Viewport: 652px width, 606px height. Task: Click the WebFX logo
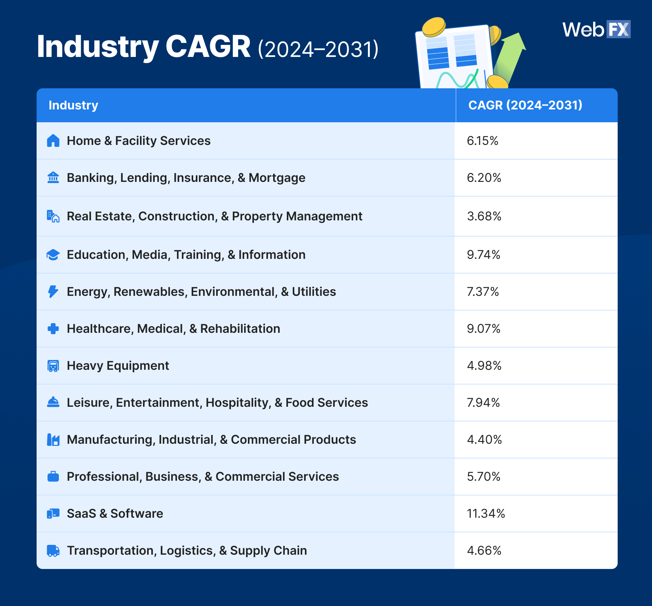point(596,29)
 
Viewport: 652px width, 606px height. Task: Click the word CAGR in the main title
point(208,47)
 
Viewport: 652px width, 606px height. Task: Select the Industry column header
point(73,105)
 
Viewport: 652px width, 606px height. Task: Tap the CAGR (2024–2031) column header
point(525,105)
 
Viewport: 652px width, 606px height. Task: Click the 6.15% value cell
point(483,141)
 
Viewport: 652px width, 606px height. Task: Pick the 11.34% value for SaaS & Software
point(486,514)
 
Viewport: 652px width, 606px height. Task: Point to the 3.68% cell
point(484,216)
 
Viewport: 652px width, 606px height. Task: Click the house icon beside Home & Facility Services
point(53,141)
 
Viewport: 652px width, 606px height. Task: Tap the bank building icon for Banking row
point(53,177)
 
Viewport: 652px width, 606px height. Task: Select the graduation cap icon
point(53,255)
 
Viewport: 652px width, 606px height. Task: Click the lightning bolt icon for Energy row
point(53,292)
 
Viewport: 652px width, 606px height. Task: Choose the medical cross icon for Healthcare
point(53,329)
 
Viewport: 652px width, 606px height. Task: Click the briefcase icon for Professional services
point(53,477)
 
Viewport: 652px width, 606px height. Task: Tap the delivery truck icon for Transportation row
point(53,551)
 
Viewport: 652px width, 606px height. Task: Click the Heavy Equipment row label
point(118,366)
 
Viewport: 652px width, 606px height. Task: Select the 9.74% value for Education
point(483,255)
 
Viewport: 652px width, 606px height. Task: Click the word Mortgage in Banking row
point(277,178)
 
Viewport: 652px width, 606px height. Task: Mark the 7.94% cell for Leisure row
point(483,403)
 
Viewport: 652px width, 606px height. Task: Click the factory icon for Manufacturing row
point(53,440)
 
